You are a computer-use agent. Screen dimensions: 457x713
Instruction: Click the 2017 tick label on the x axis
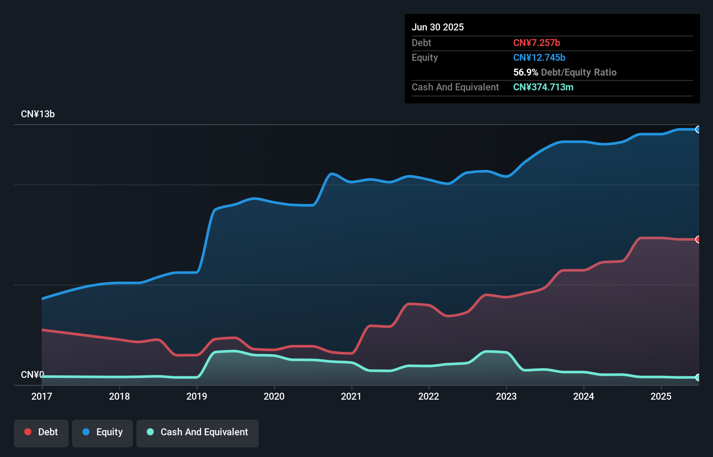(x=42, y=396)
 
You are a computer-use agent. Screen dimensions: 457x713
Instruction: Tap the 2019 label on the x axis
(x=197, y=396)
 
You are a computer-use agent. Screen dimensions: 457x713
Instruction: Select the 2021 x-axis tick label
(x=351, y=396)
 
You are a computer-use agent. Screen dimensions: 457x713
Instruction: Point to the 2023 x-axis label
(x=506, y=396)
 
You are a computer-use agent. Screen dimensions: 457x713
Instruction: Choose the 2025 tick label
(x=661, y=396)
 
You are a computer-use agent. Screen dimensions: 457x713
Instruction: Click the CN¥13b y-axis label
(x=38, y=114)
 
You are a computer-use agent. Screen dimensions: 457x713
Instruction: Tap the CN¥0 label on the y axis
(x=33, y=374)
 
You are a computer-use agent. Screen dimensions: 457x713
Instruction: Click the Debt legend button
(x=41, y=432)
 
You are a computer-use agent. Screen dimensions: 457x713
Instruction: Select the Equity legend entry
(x=102, y=432)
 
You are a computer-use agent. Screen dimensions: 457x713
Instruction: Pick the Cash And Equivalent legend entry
(x=198, y=432)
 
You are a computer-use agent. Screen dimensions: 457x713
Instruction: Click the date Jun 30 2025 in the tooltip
(x=438, y=27)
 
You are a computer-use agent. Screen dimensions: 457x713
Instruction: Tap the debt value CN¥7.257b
(x=537, y=43)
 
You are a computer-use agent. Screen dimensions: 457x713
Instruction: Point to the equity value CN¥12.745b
(x=539, y=57)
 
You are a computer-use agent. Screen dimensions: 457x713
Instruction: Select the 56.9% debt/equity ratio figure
(x=525, y=72)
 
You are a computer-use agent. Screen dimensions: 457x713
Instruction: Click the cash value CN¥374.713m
(x=543, y=87)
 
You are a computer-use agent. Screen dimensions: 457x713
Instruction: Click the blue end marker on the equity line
(x=698, y=129)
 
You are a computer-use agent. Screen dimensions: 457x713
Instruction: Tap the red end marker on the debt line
(x=698, y=239)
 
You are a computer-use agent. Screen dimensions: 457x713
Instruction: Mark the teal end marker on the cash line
(x=698, y=378)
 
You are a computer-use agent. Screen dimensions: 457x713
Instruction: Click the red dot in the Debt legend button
(x=28, y=432)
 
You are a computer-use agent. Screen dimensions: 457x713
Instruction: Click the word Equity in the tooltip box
(x=425, y=57)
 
